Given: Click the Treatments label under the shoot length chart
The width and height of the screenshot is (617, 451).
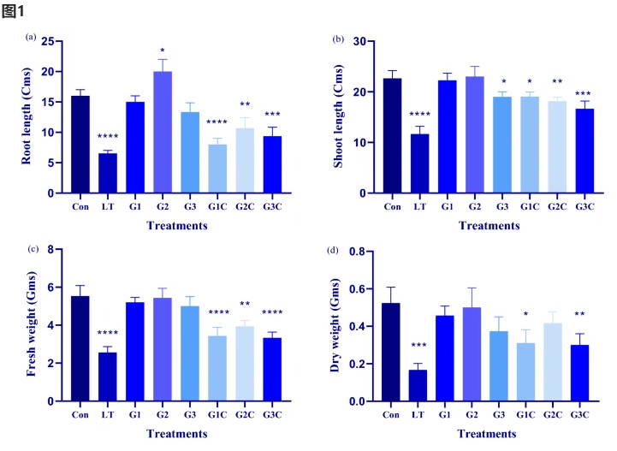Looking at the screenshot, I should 489,226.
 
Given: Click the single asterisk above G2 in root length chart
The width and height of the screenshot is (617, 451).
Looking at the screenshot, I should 163,50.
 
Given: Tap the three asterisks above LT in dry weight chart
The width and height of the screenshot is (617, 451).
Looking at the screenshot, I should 420,347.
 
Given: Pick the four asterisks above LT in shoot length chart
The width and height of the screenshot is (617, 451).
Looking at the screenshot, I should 420,115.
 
